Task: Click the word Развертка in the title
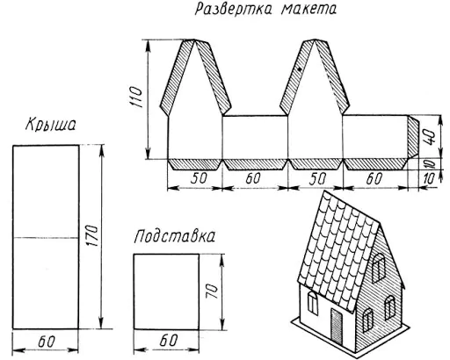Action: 233,9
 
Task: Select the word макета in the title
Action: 308,10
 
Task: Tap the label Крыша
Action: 51,125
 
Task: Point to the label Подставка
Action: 175,236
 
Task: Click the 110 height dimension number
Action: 135,97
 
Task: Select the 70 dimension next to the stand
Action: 212,292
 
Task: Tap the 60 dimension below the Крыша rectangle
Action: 47,342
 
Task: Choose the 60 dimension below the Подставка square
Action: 169,340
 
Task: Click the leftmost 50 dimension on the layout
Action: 199,178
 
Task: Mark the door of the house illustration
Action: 337,325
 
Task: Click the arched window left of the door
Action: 313,304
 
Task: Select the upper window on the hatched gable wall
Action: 378,268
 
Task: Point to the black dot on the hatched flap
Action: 300,69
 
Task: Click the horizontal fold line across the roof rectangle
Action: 46,238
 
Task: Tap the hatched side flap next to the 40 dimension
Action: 413,137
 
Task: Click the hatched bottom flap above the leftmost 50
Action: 195,164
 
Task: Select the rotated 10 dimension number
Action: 430,163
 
